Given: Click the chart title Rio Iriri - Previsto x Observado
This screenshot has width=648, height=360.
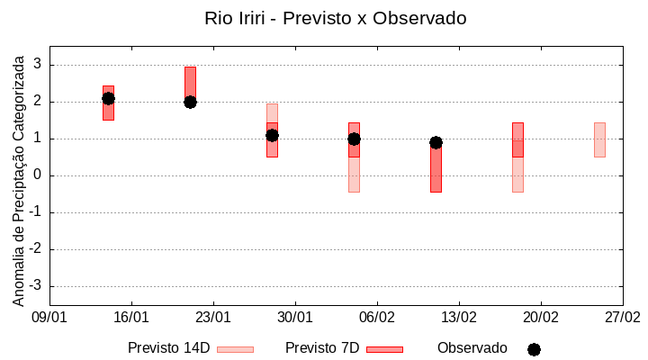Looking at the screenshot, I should point(336,18).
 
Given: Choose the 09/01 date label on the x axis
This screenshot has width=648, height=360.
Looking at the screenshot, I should point(49,318).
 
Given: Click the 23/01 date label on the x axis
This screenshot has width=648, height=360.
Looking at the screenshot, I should point(213,318).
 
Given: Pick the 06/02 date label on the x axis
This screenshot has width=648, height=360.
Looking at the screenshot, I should point(377,318).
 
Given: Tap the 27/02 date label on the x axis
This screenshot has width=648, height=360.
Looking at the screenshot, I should point(622,318).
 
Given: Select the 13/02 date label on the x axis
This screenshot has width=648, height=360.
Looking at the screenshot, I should point(459,318).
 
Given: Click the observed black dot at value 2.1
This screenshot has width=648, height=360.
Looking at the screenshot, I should point(108,98).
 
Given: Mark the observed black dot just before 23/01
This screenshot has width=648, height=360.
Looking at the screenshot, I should point(190,102).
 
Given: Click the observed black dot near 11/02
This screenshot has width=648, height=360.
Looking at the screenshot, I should point(436,142).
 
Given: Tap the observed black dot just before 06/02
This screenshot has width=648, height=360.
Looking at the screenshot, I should point(354,139).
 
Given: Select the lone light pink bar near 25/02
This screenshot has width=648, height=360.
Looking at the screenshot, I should point(599,139).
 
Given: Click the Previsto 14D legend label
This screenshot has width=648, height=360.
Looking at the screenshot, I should point(169,348).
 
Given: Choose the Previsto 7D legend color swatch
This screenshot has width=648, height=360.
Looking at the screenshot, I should point(384,349).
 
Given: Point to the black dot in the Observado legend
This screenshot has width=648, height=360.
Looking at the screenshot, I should point(534,349).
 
